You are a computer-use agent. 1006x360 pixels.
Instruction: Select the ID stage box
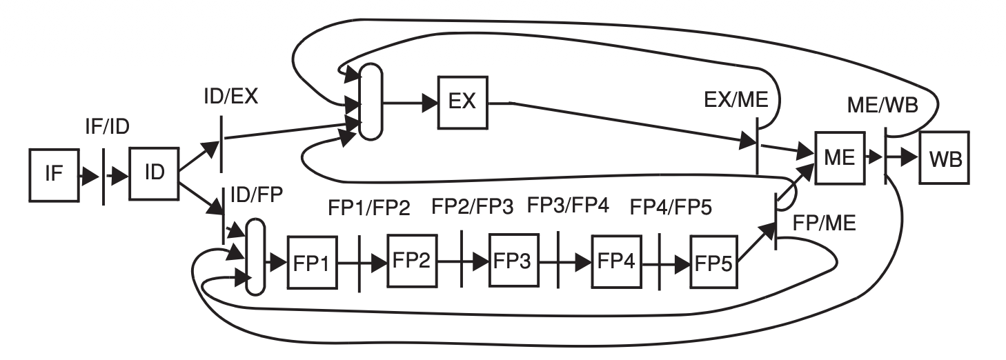coord(153,171)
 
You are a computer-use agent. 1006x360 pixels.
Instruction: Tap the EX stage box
coord(462,102)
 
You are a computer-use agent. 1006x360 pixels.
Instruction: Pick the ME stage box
coord(839,157)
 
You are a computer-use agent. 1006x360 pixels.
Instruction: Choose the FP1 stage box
coord(311,263)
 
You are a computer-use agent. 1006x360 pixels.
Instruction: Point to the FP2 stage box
coord(412,261)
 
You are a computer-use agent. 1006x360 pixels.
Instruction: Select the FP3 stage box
coord(513,261)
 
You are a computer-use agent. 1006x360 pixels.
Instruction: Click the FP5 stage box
coord(715,262)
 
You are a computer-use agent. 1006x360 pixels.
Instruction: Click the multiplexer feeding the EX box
coord(370,102)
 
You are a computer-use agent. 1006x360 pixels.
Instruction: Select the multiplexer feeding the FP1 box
coord(255,256)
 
